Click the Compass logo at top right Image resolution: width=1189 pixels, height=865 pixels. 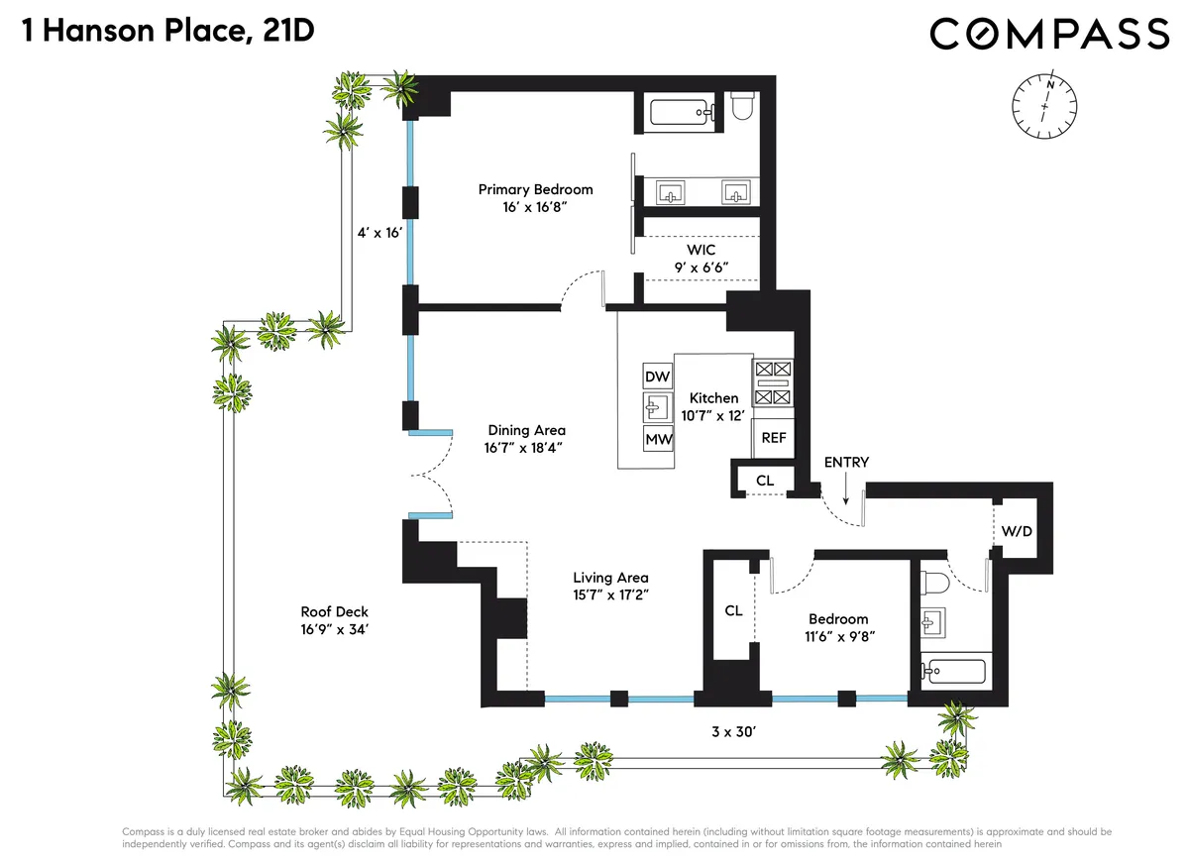1049,35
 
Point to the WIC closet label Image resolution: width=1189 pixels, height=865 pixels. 702,260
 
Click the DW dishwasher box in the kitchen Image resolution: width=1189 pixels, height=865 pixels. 658,377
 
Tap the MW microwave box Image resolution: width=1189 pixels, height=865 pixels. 658,439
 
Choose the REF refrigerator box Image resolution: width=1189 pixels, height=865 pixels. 774,437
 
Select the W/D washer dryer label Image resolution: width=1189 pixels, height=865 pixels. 1017,531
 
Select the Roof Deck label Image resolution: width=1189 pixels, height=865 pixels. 335,620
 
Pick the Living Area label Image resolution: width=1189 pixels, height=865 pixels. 610,586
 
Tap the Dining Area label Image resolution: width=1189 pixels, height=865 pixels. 526,438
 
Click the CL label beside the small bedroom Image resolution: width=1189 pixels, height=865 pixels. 733,611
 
